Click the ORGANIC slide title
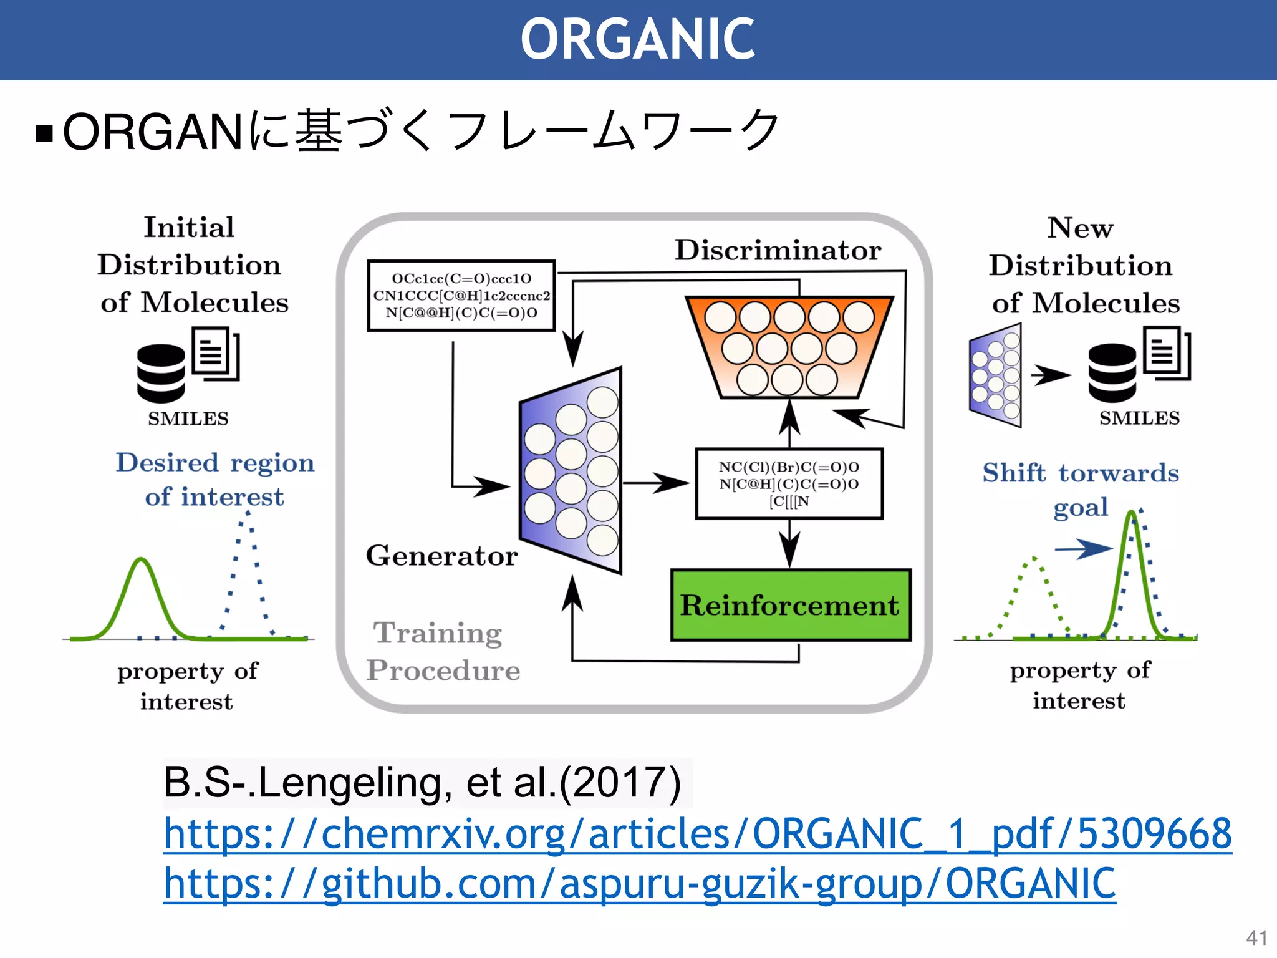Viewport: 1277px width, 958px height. [x=637, y=39]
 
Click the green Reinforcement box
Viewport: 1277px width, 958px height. [x=790, y=605]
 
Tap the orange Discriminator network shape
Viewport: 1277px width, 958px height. [x=789, y=347]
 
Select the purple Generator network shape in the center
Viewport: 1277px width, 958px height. [x=571, y=471]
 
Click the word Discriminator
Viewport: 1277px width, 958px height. [x=778, y=250]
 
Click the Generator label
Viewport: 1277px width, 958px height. [x=441, y=556]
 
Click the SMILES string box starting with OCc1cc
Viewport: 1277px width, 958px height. [x=461, y=296]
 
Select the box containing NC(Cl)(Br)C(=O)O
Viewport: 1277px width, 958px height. [x=789, y=484]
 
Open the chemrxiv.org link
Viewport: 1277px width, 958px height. [x=697, y=833]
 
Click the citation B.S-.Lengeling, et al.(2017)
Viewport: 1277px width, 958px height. [x=422, y=783]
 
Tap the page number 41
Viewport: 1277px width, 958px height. [x=1256, y=937]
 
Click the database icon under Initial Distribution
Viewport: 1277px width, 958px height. [x=161, y=373]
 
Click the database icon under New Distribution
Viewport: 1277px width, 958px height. [x=1112, y=373]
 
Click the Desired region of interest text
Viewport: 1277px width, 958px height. [x=215, y=479]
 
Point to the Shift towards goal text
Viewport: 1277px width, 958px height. [x=1081, y=490]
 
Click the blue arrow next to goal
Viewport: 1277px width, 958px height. [x=1084, y=549]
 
